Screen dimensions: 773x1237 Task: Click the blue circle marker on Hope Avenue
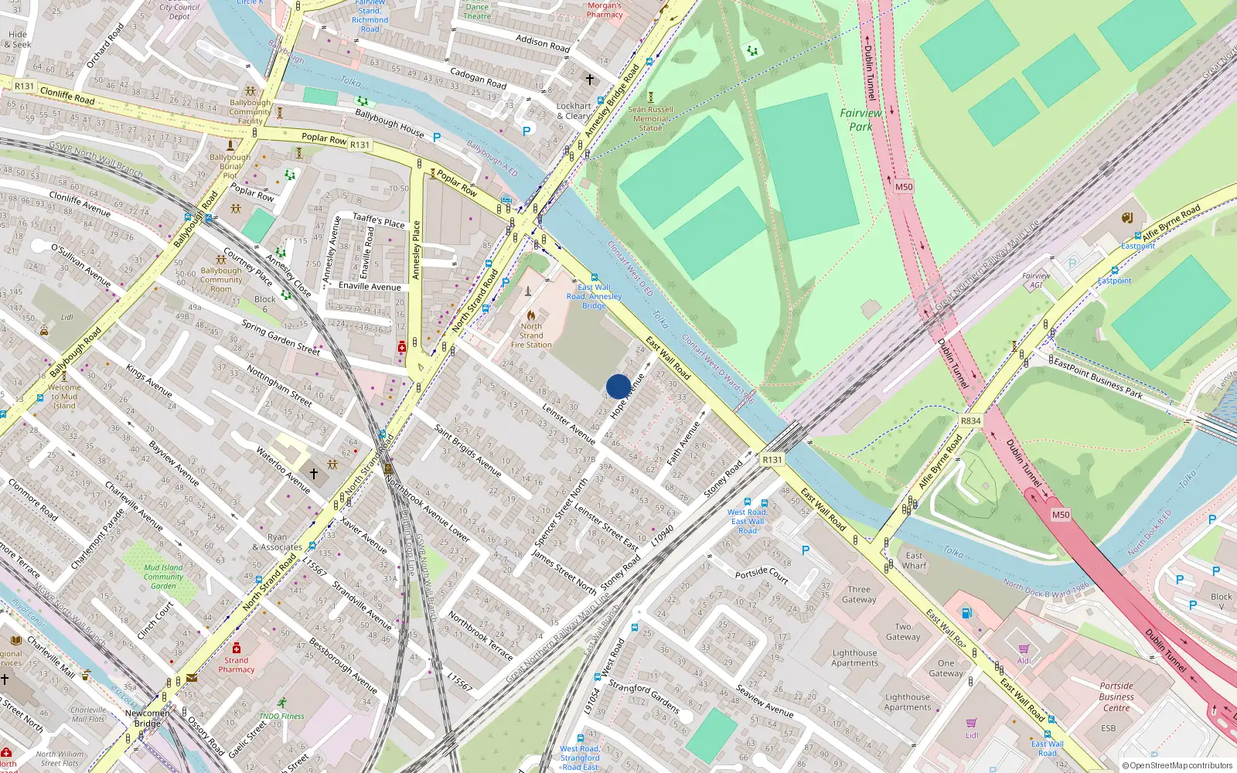click(x=618, y=386)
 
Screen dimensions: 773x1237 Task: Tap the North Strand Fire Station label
click(x=531, y=335)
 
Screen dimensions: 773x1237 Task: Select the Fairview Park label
click(x=860, y=120)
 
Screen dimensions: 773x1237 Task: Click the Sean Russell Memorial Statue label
click(x=650, y=118)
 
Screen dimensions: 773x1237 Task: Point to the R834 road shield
click(x=970, y=421)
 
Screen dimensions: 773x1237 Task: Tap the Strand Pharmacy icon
click(x=237, y=648)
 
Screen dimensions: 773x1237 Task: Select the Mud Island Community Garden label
click(x=163, y=577)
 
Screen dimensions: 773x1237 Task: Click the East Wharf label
click(x=914, y=560)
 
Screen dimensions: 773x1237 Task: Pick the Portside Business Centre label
click(x=1116, y=696)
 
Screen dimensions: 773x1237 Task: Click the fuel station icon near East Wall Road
click(x=966, y=613)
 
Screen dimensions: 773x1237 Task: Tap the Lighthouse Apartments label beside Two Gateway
click(x=854, y=658)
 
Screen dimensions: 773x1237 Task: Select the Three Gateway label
click(x=859, y=594)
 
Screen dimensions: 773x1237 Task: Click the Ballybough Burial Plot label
click(x=230, y=166)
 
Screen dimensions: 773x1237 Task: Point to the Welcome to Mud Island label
click(x=64, y=397)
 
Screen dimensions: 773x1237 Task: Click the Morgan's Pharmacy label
click(x=605, y=9)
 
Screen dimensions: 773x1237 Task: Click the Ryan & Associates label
click(x=277, y=542)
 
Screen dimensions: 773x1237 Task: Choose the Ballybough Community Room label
click(x=221, y=280)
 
